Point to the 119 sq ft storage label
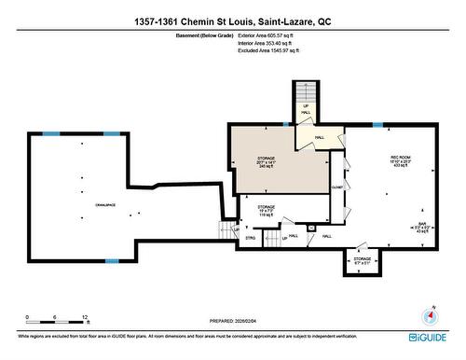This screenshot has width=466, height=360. (x=267, y=210)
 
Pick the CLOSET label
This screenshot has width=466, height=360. (x=336, y=187)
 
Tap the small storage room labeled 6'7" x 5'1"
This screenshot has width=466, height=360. (x=362, y=261)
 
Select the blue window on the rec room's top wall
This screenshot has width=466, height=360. (x=377, y=124)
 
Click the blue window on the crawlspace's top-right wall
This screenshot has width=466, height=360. (x=111, y=134)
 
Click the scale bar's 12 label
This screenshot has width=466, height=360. (x=86, y=318)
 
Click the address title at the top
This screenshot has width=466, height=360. (x=232, y=19)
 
